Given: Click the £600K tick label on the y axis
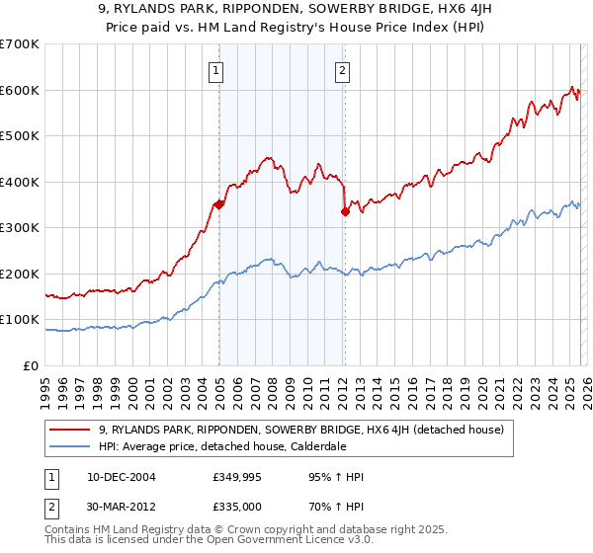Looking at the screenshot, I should click(20, 90).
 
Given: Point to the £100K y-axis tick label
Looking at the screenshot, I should click(20, 320).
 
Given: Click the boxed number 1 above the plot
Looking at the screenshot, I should click(215, 70).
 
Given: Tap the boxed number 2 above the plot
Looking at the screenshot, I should click(342, 70).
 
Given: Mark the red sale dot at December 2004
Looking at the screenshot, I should click(218, 204).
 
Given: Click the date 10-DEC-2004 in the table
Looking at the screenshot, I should click(118, 477).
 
